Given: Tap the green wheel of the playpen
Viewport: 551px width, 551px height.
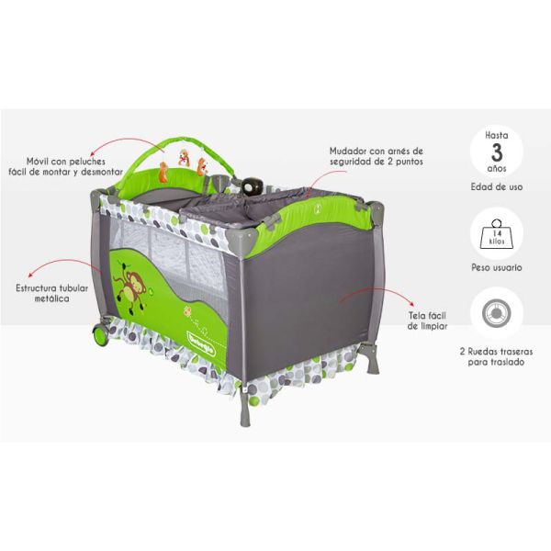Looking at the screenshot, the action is point(101,333).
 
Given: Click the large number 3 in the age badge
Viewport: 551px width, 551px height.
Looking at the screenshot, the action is point(497,152).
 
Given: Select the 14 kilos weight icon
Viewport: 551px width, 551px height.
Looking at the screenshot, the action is point(497,233).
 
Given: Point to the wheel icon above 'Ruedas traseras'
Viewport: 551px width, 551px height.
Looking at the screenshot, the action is point(497,313).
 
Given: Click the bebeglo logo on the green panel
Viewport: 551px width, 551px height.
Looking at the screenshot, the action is point(201,343).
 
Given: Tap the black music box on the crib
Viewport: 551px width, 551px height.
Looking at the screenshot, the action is point(251,186).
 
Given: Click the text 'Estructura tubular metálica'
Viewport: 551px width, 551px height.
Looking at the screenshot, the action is point(52,294).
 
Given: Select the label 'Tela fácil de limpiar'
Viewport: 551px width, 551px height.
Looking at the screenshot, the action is point(427,320).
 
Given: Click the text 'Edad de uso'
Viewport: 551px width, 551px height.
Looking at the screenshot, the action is point(497,187).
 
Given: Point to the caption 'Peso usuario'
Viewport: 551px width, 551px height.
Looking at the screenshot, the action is point(497,267).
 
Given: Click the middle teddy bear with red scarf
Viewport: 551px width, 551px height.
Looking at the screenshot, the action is point(184,157).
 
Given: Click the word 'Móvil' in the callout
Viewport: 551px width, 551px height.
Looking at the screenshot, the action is point(38,162).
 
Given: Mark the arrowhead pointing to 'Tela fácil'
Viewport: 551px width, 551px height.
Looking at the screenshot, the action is point(412,304).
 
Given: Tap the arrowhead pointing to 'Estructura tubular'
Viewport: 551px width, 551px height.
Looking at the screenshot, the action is point(31,275).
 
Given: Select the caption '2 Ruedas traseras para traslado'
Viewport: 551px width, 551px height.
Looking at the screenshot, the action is point(496,356).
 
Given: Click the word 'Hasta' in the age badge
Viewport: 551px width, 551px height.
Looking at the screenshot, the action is point(497,135).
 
